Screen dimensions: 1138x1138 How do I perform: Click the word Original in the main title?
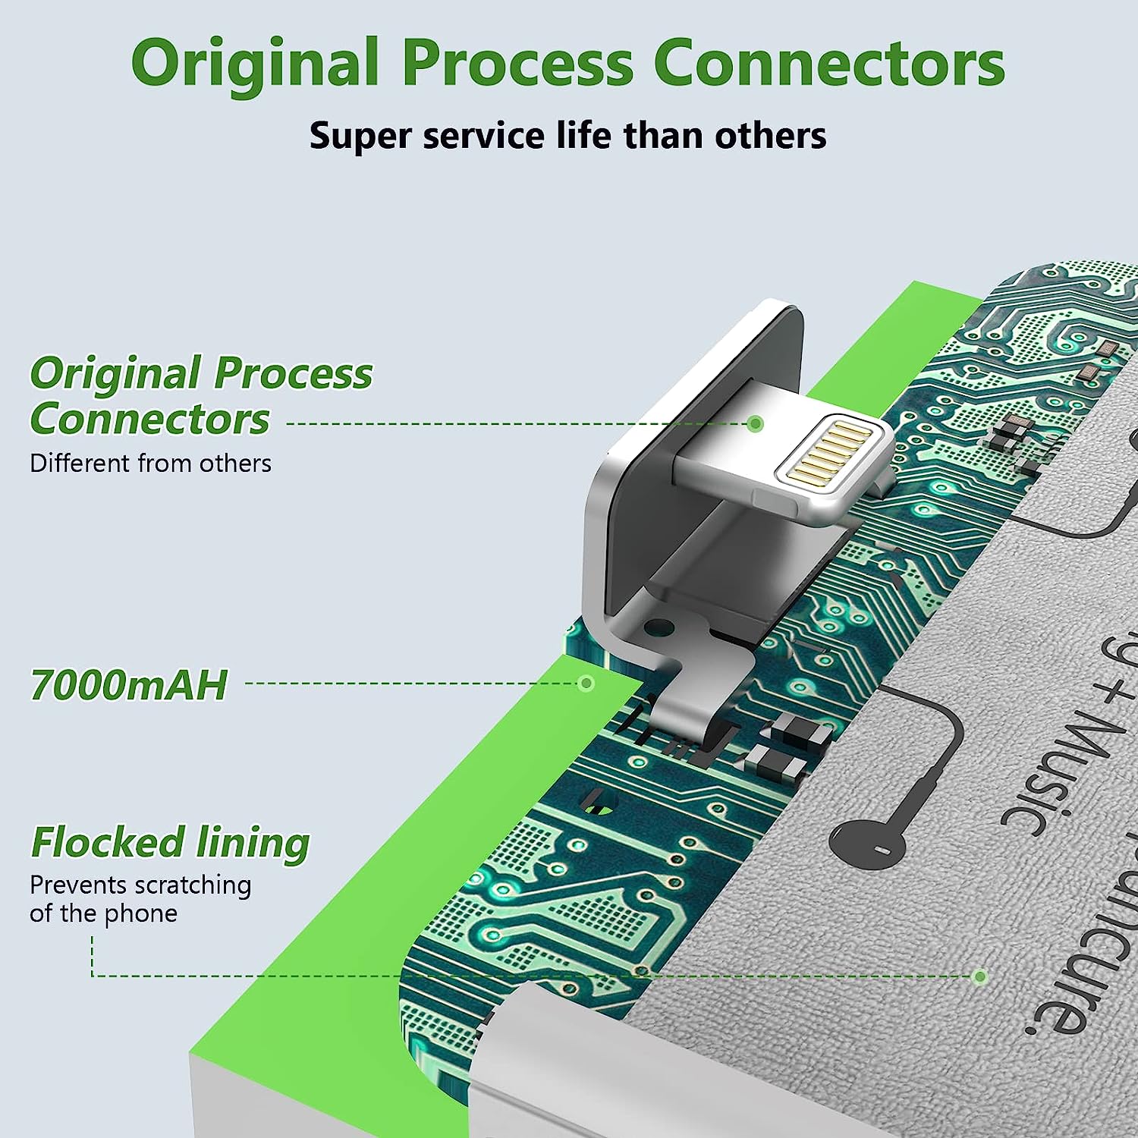[255, 64]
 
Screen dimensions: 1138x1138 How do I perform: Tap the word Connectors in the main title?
[828, 64]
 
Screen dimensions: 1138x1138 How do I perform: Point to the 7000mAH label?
[129, 685]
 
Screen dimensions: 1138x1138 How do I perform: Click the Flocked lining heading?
[170, 843]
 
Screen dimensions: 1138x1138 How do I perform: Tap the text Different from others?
[150, 463]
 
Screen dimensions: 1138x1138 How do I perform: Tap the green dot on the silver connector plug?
[755, 423]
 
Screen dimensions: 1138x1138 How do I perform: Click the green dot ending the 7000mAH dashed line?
[586, 684]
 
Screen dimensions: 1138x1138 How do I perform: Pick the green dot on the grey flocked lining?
[980, 976]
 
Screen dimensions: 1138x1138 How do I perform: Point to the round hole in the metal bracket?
[658, 627]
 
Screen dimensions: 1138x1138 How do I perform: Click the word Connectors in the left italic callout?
[150, 419]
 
